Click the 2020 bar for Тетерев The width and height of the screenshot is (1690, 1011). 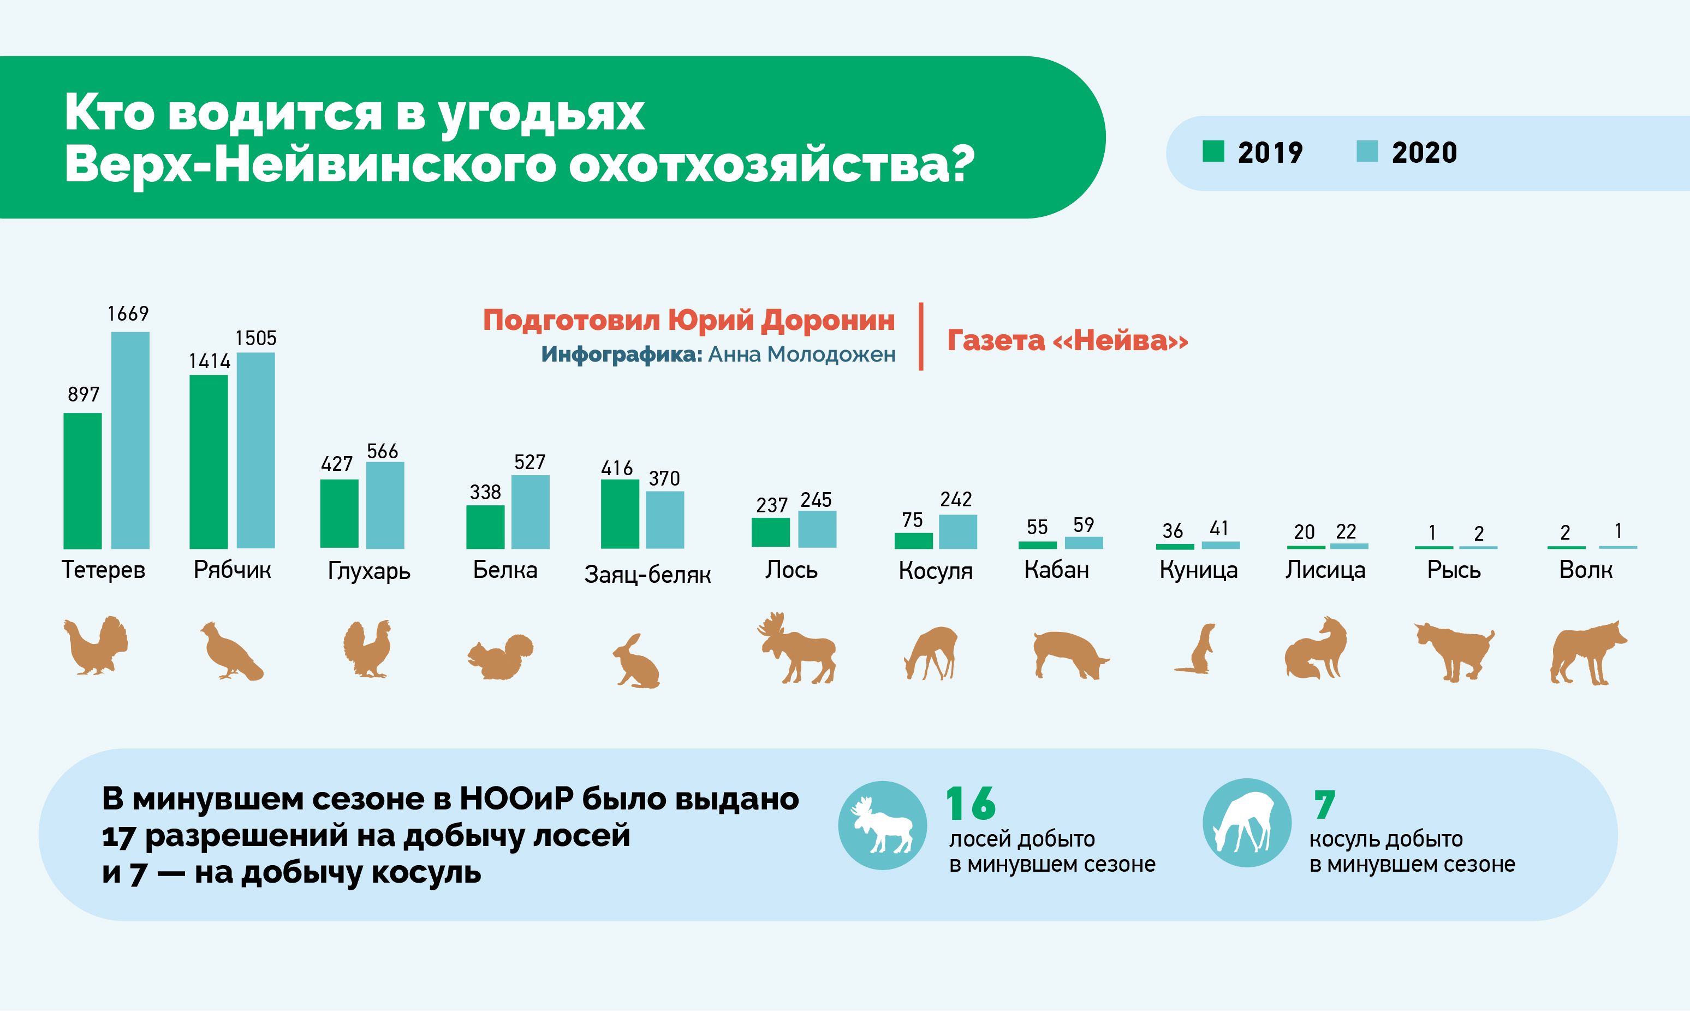point(130,440)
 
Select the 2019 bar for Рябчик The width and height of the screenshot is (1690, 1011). point(209,462)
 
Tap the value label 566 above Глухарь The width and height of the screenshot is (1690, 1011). point(382,451)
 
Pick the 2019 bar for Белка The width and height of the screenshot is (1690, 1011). point(485,527)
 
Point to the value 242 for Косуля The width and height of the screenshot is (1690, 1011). point(956,499)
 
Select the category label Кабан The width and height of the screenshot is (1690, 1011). point(1056,570)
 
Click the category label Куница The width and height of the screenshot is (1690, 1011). point(1198,570)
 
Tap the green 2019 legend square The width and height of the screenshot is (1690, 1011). point(1213,151)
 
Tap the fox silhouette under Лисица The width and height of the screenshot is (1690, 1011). point(1316,648)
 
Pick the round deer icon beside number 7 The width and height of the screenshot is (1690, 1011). point(1247,823)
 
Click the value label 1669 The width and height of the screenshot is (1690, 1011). point(128,314)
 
